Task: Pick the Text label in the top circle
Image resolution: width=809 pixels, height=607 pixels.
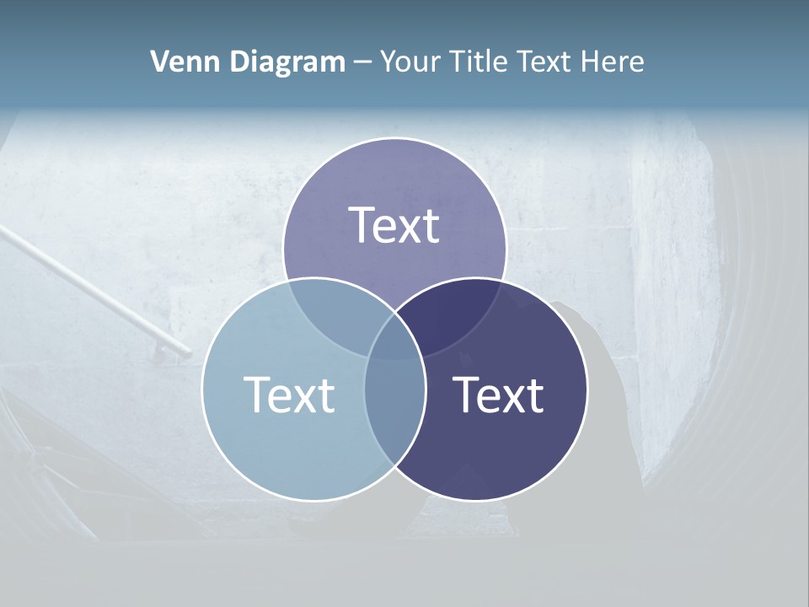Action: (394, 225)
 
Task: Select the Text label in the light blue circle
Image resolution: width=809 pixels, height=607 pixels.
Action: (289, 395)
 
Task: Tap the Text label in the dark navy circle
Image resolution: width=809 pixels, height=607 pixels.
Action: (499, 395)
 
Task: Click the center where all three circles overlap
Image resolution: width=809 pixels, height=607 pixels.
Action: (394, 337)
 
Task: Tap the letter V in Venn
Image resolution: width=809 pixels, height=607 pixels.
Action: (159, 62)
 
